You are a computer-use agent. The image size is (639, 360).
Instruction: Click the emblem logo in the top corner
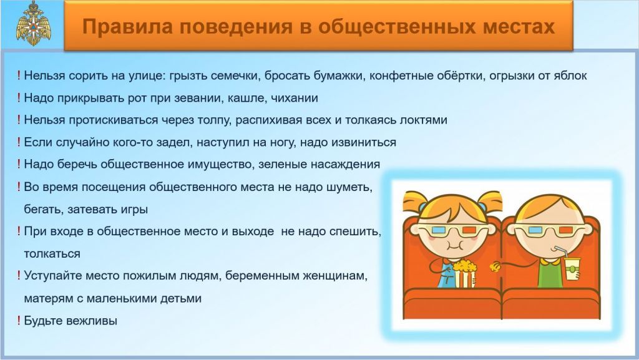pyautogui.click(x=34, y=24)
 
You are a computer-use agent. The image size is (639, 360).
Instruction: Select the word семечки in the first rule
pyautogui.click(x=235, y=75)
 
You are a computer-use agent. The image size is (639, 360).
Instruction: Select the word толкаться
pyautogui.click(x=52, y=254)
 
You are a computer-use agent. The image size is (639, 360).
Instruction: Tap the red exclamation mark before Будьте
pyautogui.click(x=19, y=321)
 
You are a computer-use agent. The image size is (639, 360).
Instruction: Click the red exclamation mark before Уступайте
pyautogui.click(x=19, y=276)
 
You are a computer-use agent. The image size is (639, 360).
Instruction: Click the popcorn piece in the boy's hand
pyautogui.click(x=496, y=266)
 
